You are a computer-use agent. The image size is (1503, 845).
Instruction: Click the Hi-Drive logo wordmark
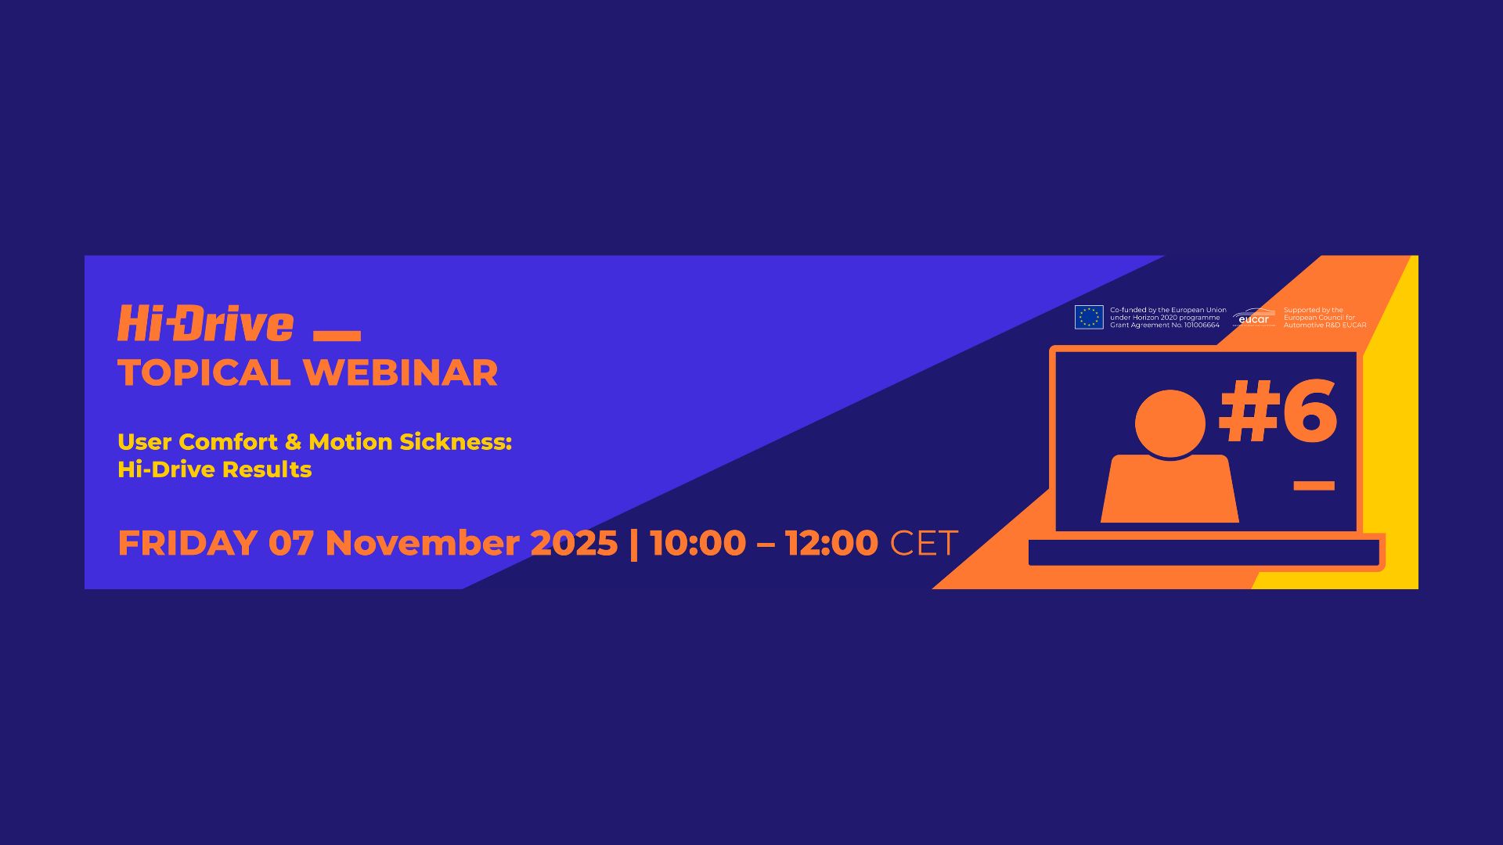[x=205, y=324]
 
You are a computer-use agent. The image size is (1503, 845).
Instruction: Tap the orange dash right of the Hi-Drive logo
[x=337, y=336]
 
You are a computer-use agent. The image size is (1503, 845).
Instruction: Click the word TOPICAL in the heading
[x=204, y=373]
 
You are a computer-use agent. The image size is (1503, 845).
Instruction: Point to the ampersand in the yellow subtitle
[x=293, y=442]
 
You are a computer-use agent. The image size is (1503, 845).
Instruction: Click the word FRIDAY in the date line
[x=187, y=543]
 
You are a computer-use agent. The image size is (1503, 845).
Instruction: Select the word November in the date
[x=422, y=543]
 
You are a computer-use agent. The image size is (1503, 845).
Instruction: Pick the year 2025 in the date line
[x=574, y=543]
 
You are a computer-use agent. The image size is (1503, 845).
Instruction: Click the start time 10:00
[x=697, y=543]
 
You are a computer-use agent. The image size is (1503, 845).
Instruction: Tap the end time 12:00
[x=831, y=543]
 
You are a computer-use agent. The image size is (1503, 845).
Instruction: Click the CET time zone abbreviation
[x=924, y=543]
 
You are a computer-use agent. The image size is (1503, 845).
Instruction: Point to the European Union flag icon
[x=1089, y=317]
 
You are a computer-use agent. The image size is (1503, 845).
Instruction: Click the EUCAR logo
[x=1253, y=318]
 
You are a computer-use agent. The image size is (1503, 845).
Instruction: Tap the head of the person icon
[x=1170, y=423]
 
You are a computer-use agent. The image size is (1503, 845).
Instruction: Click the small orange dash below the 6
[x=1314, y=486]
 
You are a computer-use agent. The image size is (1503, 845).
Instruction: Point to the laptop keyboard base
[x=1204, y=552]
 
